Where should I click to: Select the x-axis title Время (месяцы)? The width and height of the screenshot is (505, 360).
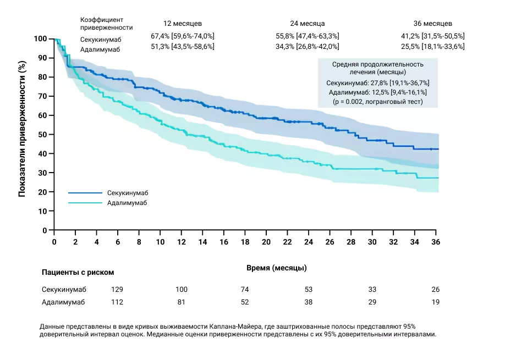[x=277, y=268]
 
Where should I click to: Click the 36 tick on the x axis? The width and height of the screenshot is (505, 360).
[x=436, y=242]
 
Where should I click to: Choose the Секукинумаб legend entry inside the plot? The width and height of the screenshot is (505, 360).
[x=127, y=193]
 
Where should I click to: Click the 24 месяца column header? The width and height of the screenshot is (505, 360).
[x=308, y=23]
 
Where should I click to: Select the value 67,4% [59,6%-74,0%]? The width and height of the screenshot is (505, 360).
[x=183, y=36]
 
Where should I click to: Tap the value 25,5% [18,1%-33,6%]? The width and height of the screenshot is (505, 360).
[x=433, y=47]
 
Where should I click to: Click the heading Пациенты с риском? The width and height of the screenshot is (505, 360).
[x=78, y=272]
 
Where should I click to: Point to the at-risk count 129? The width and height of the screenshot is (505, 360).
[x=117, y=289]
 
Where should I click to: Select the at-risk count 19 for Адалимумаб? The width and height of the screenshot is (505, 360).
[x=435, y=302]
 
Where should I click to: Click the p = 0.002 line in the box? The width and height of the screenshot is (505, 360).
[x=377, y=102]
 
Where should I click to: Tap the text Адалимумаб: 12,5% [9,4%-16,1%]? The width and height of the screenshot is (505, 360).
[x=377, y=92]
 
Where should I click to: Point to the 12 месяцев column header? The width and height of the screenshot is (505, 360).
[x=182, y=23]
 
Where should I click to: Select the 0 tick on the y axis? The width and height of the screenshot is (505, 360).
[x=46, y=230]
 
